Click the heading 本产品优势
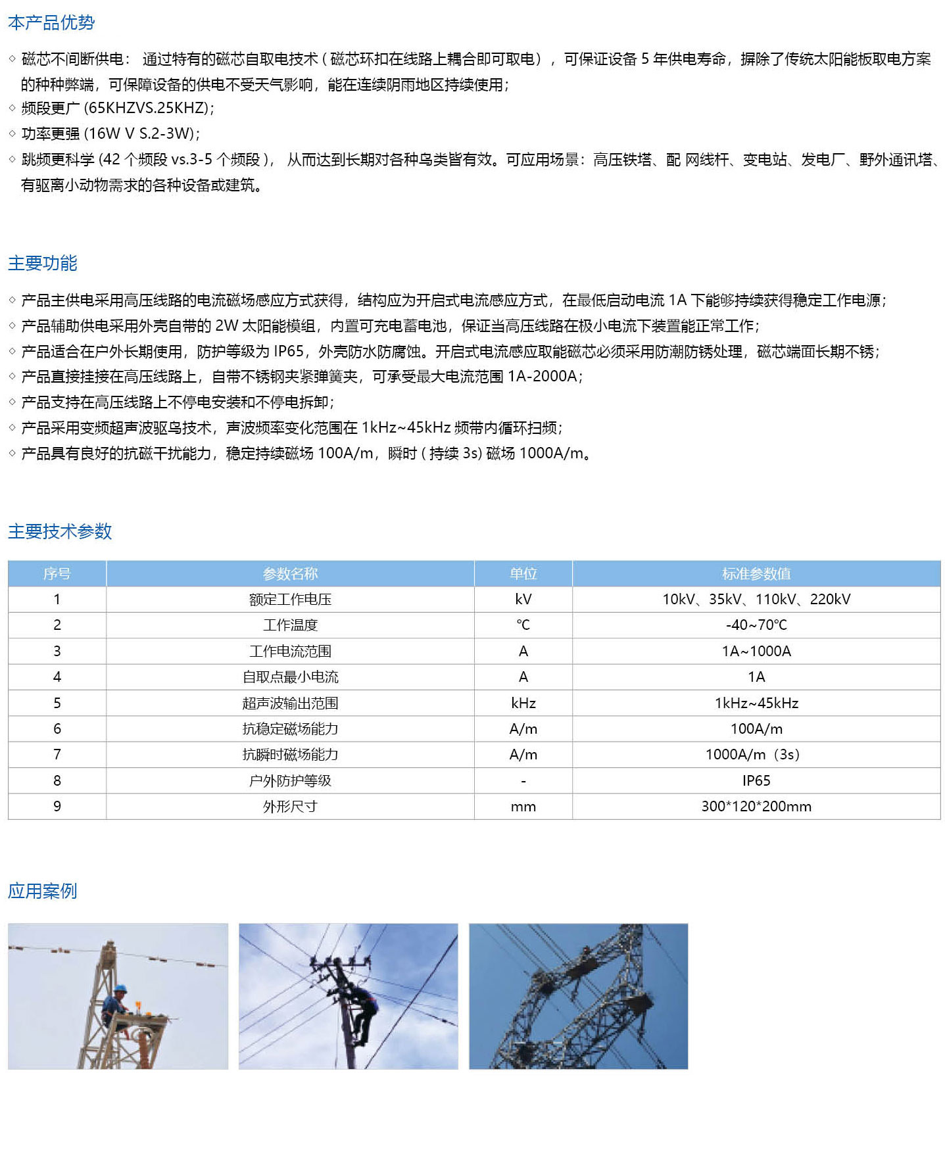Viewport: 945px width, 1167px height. pyautogui.click(x=51, y=23)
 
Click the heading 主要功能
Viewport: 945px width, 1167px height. pyautogui.click(x=43, y=263)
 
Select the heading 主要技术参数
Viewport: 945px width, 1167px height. pyautogui.click(x=60, y=531)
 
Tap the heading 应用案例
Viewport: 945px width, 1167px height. pyautogui.click(x=43, y=891)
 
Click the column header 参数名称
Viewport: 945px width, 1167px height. pyautogui.click(x=290, y=574)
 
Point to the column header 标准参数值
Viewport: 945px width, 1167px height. pyautogui.click(x=756, y=574)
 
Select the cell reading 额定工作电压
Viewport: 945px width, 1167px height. pyautogui.click(x=290, y=600)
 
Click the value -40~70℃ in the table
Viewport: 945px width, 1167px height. pyautogui.click(x=756, y=625)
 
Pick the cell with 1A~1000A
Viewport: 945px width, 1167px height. pyautogui.click(x=756, y=652)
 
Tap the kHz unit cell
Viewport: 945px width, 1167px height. pyautogui.click(x=523, y=703)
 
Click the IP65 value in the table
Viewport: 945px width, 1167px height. pyautogui.click(x=756, y=781)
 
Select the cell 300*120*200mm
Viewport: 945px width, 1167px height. pyautogui.click(x=756, y=807)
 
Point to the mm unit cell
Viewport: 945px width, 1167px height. pyautogui.click(x=523, y=807)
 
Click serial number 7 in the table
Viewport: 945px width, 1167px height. pyautogui.click(x=57, y=755)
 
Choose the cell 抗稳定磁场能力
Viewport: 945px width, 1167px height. pyautogui.click(x=290, y=729)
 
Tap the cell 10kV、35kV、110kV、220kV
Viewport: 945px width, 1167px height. pyautogui.click(x=756, y=600)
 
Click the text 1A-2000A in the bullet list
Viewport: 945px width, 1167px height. pyautogui.click(x=543, y=377)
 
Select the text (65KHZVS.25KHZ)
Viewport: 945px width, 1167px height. pyautogui.click(x=149, y=108)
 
